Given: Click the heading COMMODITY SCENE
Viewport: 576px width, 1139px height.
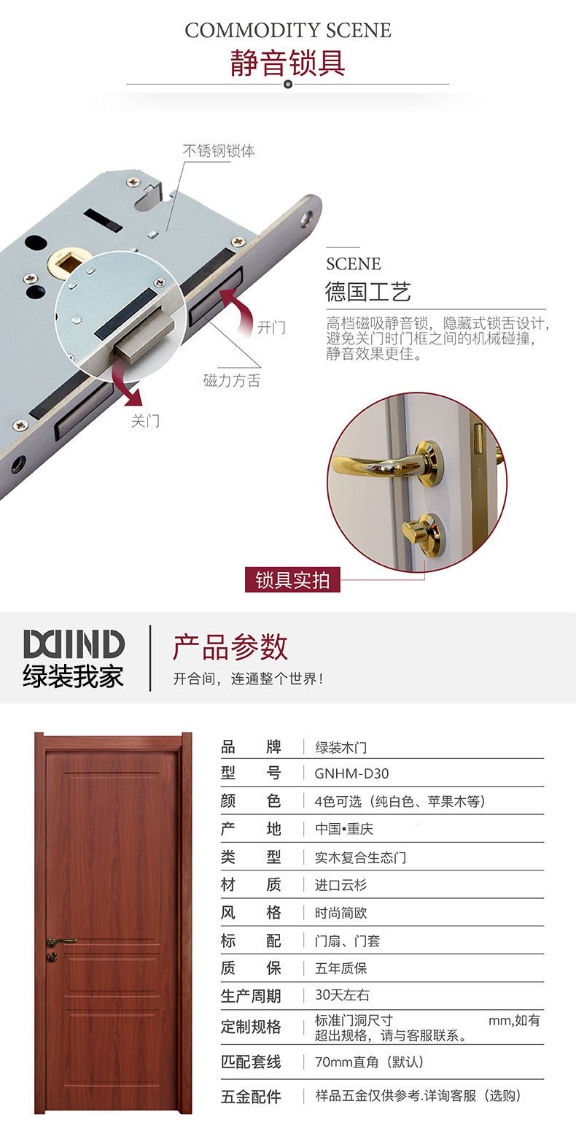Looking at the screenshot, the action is click(x=288, y=31).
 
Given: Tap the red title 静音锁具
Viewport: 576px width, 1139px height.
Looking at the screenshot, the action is click(x=287, y=63).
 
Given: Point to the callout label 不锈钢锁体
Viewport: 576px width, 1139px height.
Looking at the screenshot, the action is click(x=219, y=151).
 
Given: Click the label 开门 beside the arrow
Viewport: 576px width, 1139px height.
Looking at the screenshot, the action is click(x=271, y=327).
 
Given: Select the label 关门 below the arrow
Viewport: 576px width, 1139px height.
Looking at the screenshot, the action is click(x=145, y=420).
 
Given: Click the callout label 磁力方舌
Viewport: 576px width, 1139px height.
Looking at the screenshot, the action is click(x=232, y=380).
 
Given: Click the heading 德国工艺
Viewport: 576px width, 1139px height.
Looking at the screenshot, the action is click(x=367, y=291).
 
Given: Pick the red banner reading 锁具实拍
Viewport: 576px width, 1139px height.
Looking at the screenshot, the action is click(x=292, y=579).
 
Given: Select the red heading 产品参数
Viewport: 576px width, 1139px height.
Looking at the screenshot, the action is click(x=230, y=646).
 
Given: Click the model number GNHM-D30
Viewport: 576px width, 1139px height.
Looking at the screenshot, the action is click(x=351, y=773).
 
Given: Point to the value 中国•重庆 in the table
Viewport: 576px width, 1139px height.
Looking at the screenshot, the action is click(x=344, y=829).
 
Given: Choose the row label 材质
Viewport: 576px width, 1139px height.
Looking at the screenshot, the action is click(x=250, y=885).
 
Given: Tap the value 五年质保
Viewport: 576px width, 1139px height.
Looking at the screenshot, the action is click(x=340, y=968).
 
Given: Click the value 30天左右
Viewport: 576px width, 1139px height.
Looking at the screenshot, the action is click(x=342, y=995).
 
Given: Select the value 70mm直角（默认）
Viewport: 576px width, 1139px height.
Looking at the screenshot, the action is click(x=369, y=1062).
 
